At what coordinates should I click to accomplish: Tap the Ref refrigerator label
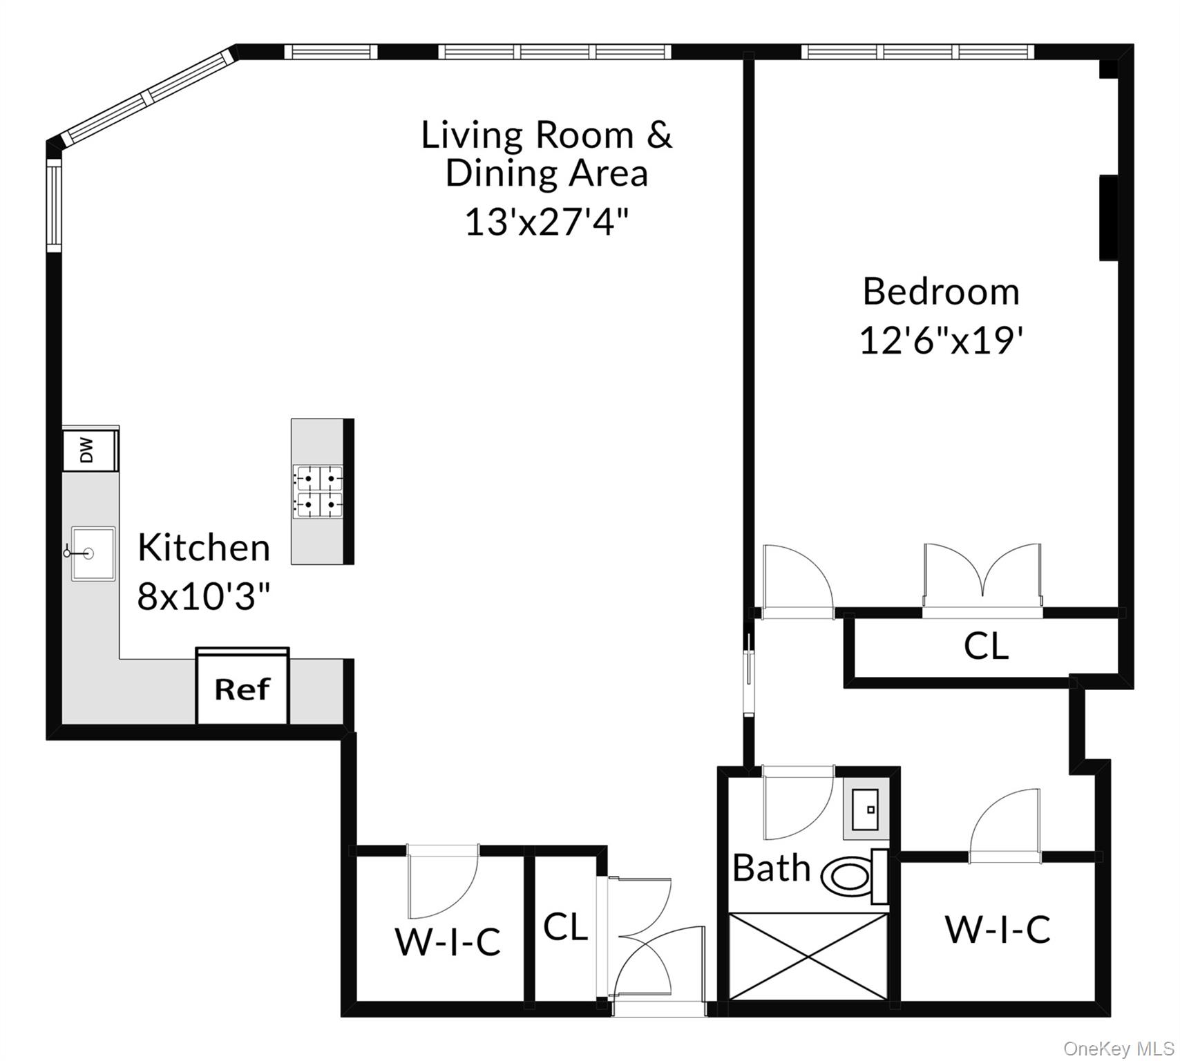click(x=242, y=689)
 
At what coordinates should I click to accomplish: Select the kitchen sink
click(x=93, y=553)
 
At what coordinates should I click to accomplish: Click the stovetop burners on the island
click(x=318, y=492)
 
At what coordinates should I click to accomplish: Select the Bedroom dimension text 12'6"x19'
click(x=940, y=341)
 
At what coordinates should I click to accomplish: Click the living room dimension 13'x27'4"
click(x=546, y=222)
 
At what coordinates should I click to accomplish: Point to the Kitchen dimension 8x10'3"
click(x=203, y=595)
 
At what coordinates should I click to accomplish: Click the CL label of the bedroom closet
click(x=986, y=646)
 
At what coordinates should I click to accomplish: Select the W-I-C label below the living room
click(x=448, y=941)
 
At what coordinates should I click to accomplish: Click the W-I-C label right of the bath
click(x=998, y=929)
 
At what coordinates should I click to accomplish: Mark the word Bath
click(x=771, y=868)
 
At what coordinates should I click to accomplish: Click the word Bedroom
click(x=941, y=291)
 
